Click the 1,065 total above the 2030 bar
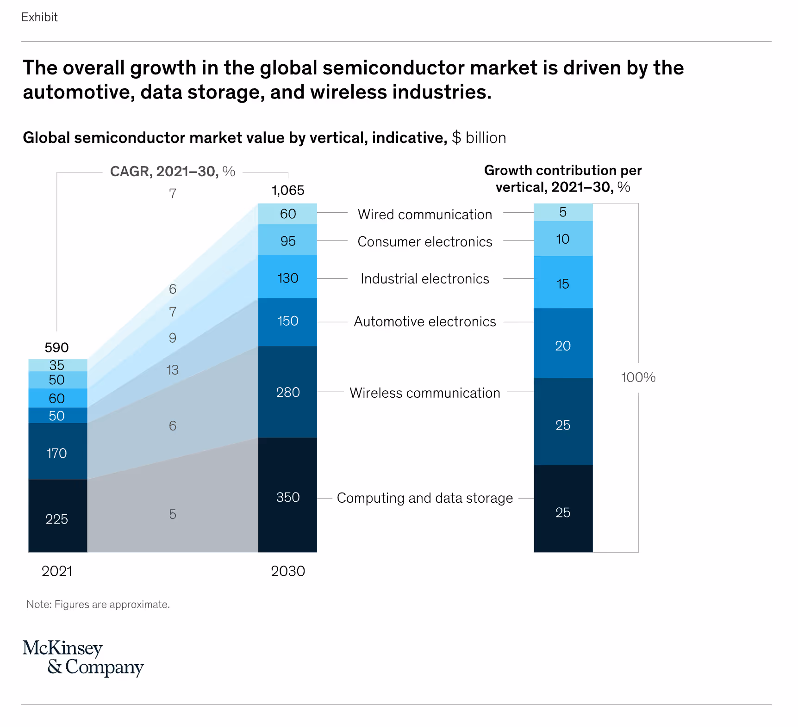[287, 191]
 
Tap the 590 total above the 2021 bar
[56, 347]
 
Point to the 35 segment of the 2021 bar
[57, 365]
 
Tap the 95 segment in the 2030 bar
[287, 240]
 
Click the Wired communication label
[424, 215]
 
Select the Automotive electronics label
[424, 322]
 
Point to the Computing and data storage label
[424, 498]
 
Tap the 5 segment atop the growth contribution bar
[563, 212]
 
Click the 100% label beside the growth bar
[638, 377]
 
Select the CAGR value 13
[172, 370]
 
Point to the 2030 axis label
[287, 571]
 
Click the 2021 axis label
[56, 571]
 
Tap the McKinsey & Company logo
[83, 658]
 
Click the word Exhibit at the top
[39, 17]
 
